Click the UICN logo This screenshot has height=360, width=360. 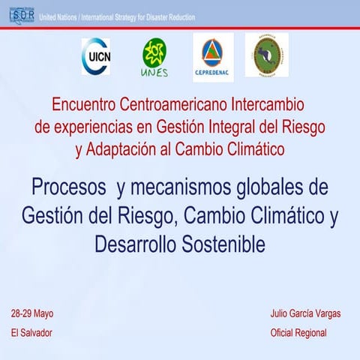(96, 56)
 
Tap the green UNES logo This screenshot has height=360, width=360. (154, 57)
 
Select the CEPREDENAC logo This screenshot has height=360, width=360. (213, 56)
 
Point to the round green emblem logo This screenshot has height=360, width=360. (267, 55)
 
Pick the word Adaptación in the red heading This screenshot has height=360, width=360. (124, 148)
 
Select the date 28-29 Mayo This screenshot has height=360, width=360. (32, 313)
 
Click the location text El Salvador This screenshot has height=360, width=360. (31, 332)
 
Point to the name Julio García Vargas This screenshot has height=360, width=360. (305, 313)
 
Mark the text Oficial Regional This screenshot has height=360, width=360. (298, 332)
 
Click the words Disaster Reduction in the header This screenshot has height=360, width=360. (169, 16)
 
